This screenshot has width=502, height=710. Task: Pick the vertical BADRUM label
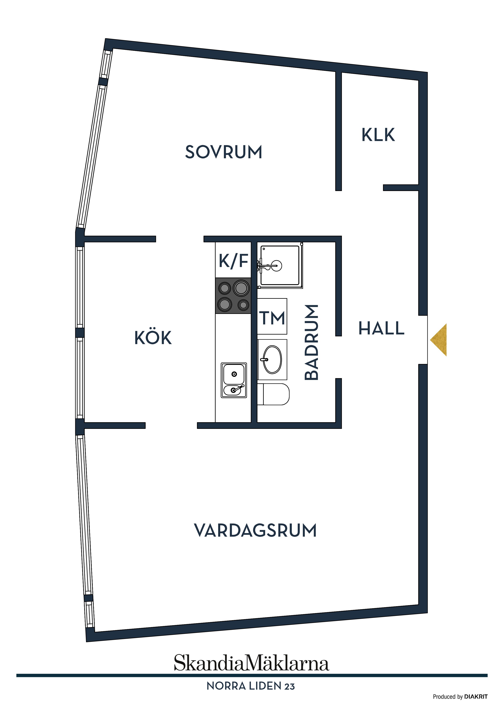(312, 342)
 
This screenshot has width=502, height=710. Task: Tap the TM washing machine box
(272, 316)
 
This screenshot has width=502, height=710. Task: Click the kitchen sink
(234, 380)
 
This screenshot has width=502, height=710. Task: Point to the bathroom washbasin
(272, 360)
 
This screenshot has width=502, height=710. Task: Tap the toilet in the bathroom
(273, 394)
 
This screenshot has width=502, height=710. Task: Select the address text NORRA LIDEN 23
(251, 686)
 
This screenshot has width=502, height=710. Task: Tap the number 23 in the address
(289, 687)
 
